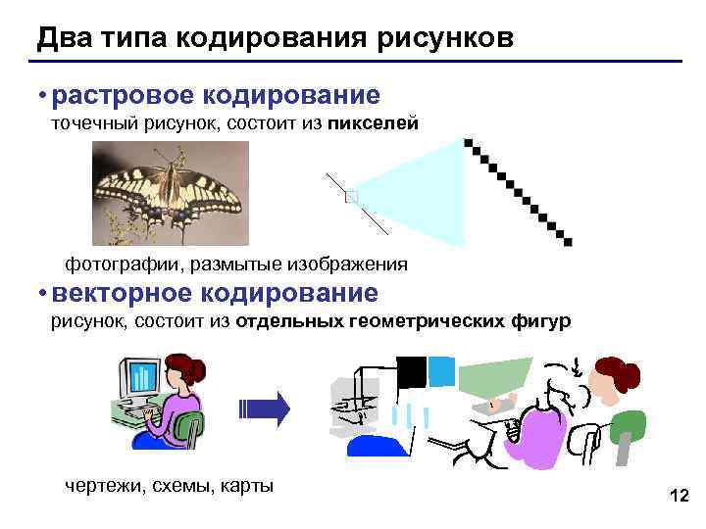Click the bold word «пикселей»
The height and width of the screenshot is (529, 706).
[373, 124]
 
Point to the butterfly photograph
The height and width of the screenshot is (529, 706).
[171, 192]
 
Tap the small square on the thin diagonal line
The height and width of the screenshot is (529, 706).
[352, 198]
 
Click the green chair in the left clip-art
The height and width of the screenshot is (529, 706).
[185, 427]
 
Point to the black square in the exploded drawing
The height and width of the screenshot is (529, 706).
[411, 371]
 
